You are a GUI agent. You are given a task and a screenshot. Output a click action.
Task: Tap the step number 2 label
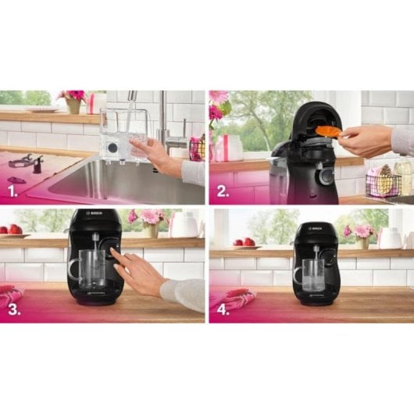223,190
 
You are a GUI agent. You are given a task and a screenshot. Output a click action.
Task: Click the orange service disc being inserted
328,131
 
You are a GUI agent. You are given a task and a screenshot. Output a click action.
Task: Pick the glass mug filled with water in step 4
310,275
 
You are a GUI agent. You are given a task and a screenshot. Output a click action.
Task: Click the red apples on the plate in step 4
243,242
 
